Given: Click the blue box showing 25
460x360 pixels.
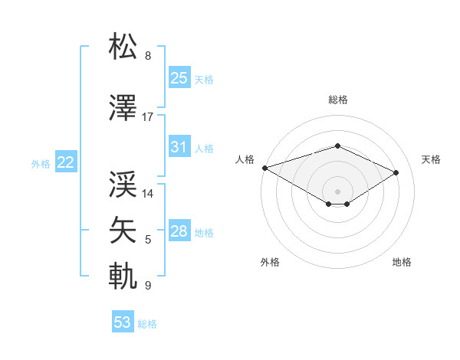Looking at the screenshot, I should pos(179,78).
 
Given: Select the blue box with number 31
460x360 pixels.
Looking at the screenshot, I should pos(179,147).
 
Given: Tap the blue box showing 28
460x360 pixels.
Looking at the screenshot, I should pos(179,231).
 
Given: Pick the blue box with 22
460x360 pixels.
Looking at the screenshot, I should pos(65,162).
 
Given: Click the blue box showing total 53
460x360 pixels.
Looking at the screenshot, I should pos(123,322).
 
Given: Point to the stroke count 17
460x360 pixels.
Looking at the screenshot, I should pos(148,117).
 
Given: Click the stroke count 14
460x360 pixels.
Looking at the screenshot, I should pos(148,194).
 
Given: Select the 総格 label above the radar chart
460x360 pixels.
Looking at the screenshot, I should pos(337,100).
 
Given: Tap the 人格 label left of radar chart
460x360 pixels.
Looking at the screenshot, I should pos(245,159).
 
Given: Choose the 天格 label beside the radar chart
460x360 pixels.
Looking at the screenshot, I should pos(432,159).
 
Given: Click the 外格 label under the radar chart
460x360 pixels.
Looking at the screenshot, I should pos(270,262).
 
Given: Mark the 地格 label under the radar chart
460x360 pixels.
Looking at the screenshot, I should pos(402,262).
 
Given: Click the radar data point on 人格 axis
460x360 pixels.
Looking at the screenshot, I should pos(264,167).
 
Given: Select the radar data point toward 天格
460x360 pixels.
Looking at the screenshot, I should pos(396,172).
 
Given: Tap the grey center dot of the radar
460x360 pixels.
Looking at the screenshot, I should pos(337,191).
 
